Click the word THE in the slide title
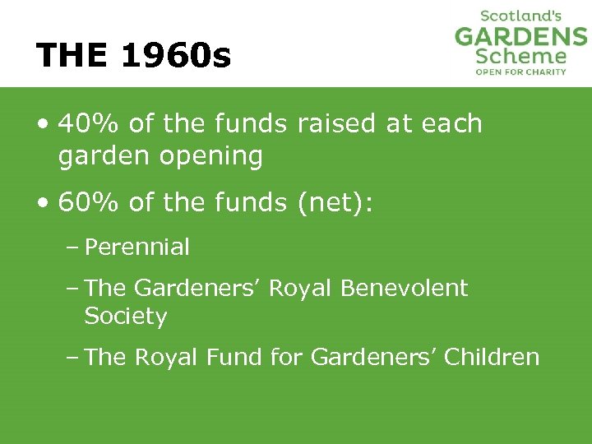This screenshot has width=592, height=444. pos(72,56)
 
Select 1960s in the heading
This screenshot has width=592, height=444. pos(176,56)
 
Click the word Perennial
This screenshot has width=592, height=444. pos(137,247)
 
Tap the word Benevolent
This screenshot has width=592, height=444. pos(404,289)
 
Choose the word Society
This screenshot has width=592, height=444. pos(126,317)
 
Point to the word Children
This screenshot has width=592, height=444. pos(492,358)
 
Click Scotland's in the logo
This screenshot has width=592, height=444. pos(520,16)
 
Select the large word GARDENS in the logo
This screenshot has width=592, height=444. pos(521,37)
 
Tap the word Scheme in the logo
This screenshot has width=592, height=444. pos(521,57)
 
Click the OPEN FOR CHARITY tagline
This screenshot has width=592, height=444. pos(521,72)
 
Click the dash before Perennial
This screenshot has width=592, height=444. pos(74,247)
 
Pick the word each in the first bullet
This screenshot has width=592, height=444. pos(451,124)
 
